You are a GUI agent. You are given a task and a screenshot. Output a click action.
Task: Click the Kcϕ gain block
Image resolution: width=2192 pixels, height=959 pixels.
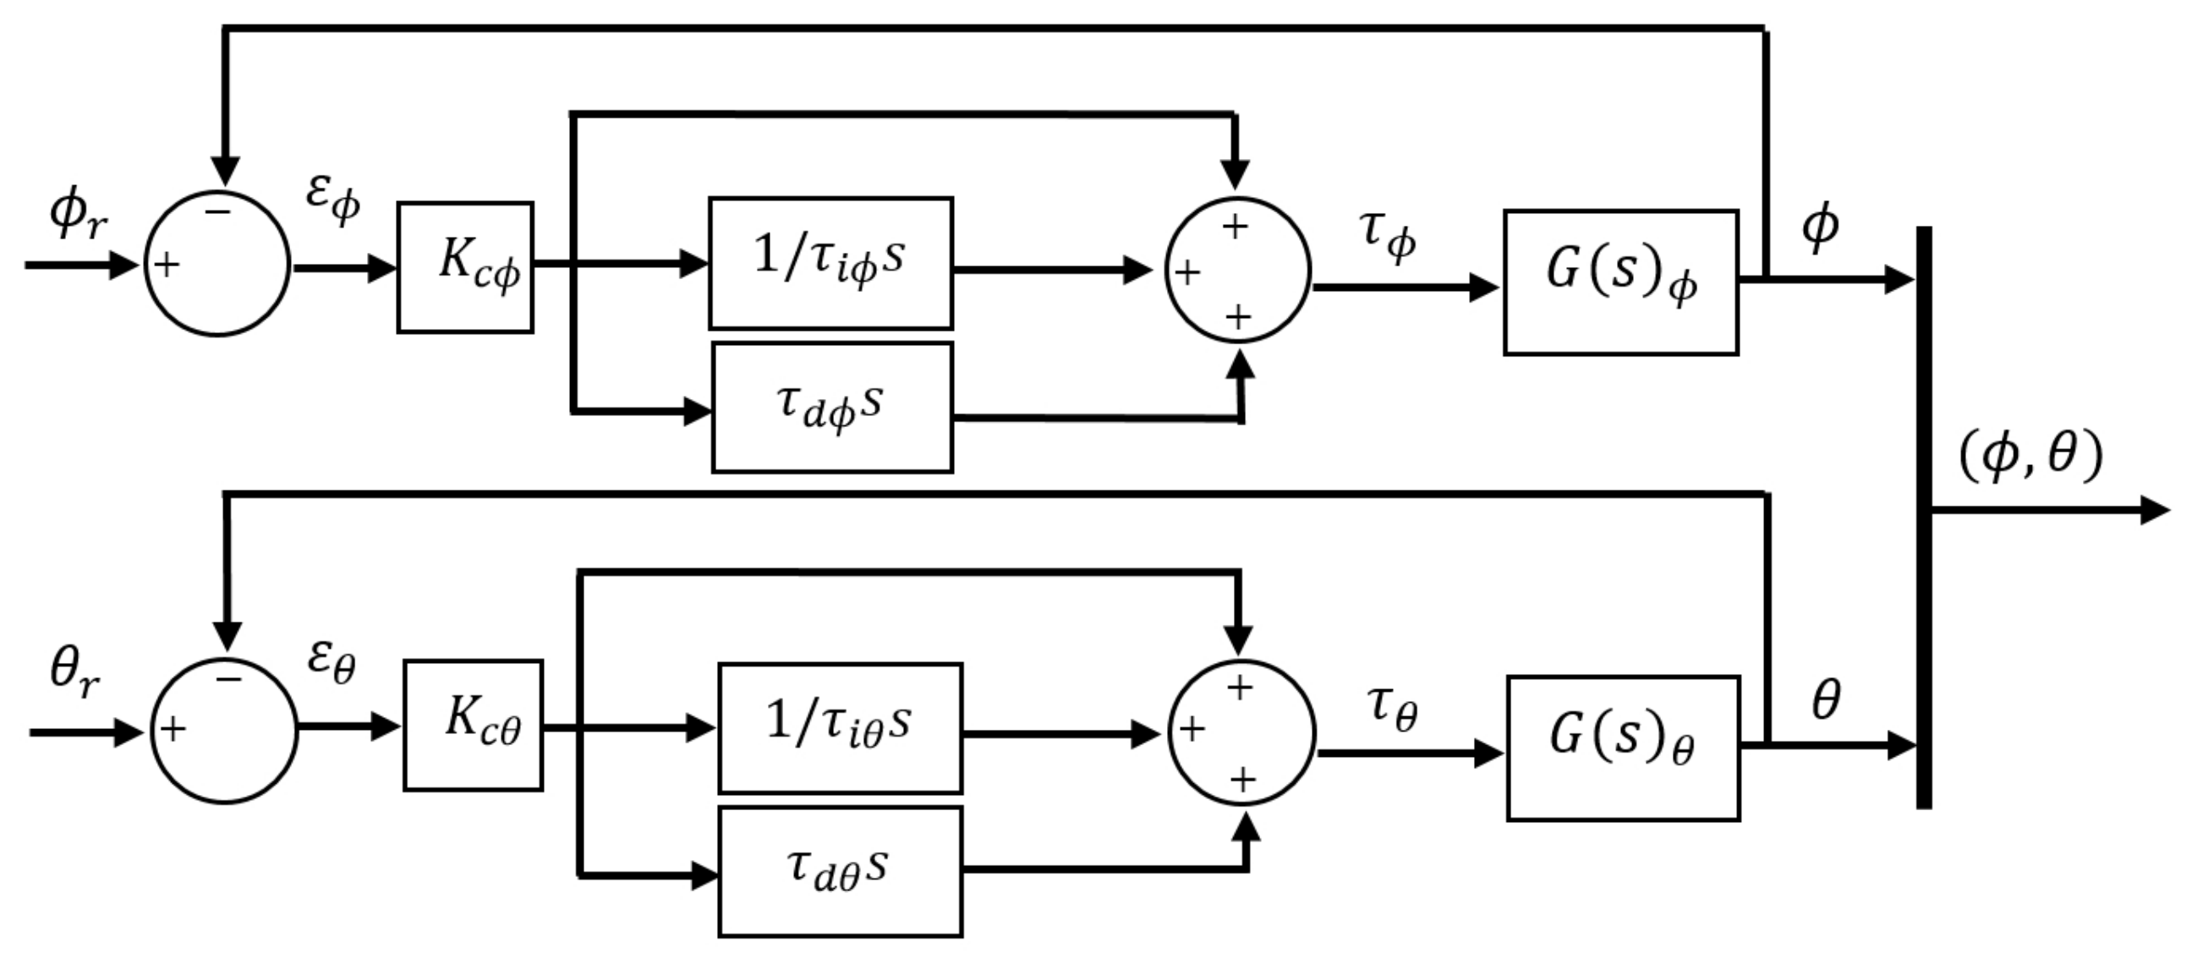pos(465,267)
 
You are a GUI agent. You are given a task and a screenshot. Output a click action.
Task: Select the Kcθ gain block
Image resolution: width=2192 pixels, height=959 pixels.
pos(473,725)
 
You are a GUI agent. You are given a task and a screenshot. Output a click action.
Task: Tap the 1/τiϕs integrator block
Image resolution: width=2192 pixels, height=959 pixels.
pos(830,263)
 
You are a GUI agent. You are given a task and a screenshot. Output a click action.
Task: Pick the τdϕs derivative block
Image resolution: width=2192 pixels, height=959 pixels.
pos(832,407)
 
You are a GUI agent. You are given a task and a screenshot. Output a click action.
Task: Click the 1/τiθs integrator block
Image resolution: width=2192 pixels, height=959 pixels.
pos(841,727)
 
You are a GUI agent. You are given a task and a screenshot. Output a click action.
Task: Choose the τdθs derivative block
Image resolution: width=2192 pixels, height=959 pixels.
pos(841,871)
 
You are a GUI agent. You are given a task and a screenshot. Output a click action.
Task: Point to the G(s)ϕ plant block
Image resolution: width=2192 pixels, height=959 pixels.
pos(1621,282)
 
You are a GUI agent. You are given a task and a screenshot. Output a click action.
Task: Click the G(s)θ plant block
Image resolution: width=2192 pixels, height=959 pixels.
pos(1624,748)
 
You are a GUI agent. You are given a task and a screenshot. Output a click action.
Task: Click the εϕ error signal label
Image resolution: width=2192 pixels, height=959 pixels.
pos(333,198)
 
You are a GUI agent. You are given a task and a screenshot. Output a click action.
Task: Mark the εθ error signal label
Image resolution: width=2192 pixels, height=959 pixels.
pos(332,661)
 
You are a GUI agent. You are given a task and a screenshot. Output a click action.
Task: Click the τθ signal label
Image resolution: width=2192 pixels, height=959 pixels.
pos(1392,707)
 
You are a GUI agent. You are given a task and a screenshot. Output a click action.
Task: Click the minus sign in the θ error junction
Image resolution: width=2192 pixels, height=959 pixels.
pos(228,679)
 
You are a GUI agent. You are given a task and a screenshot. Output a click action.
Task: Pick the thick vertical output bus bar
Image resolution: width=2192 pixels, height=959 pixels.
pos(1924,517)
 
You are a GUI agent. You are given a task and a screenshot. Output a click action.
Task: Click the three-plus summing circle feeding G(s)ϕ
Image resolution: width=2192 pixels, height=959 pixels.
pos(1237,271)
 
